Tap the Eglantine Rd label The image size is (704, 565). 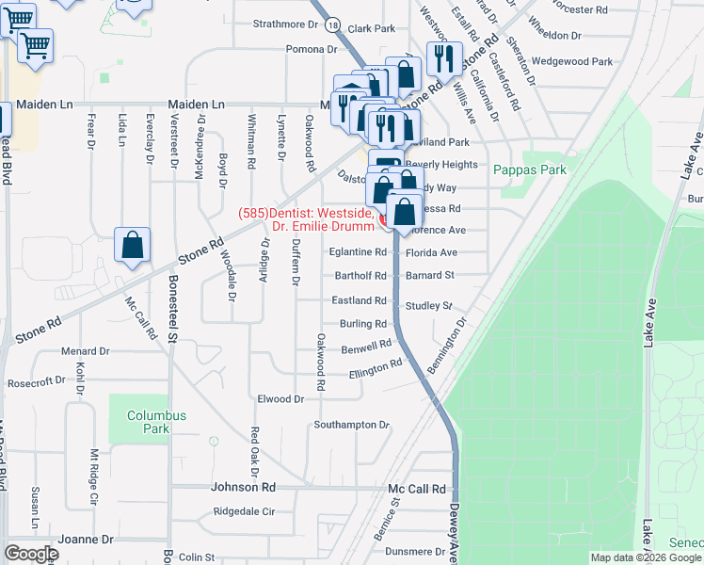coord(358,252)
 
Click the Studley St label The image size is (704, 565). coord(429,306)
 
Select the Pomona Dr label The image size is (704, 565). coord(312,49)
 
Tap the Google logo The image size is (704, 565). coord(31,554)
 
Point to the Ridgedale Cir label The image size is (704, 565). coord(244,512)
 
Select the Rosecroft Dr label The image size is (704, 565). coord(34,382)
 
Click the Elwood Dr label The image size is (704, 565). coord(280,399)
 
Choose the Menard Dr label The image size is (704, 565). coord(86,351)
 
